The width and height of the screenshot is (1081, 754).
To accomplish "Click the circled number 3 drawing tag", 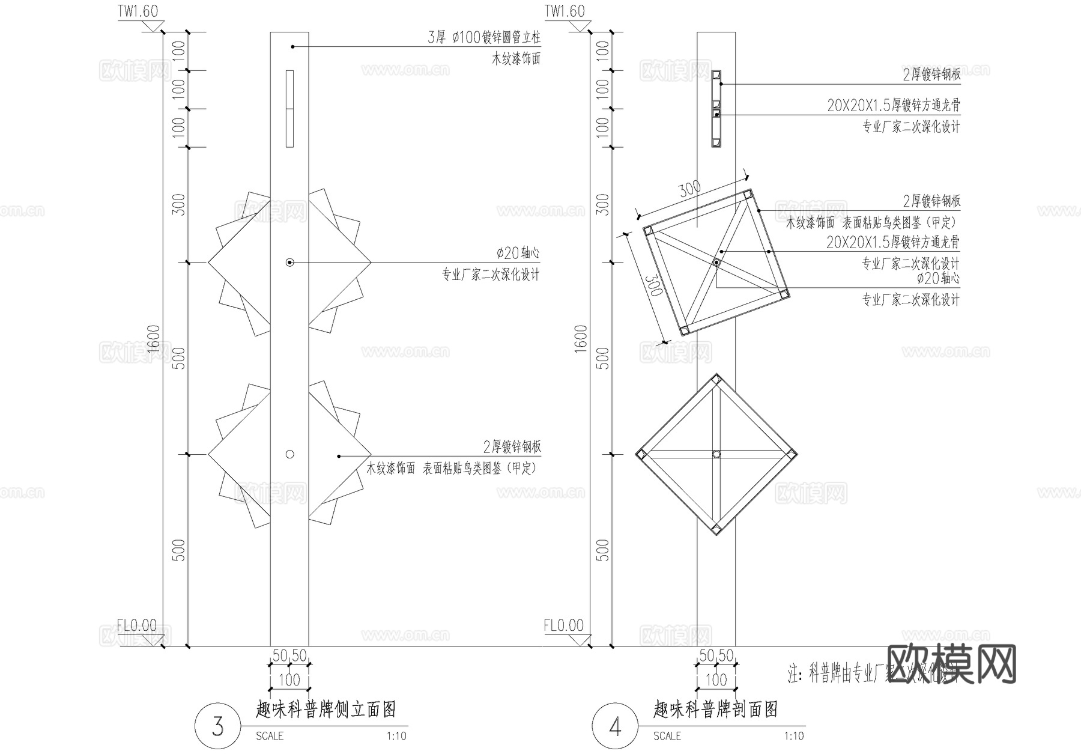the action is pyautogui.click(x=217, y=726).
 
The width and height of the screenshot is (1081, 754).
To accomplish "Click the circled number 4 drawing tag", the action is pyautogui.click(x=615, y=726).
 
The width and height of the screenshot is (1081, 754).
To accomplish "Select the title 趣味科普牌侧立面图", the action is pyautogui.click(x=326, y=710).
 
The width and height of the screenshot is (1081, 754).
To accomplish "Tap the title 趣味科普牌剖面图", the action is pyautogui.click(x=715, y=710).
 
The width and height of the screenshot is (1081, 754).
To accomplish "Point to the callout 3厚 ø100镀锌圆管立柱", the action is pyautogui.click(x=483, y=37).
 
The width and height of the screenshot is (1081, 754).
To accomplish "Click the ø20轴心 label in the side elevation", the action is pyautogui.click(x=518, y=253).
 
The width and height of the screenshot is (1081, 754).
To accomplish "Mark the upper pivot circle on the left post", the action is pyautogui.click(x=289, y=263).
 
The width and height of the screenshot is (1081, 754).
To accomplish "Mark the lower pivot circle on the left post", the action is pyautogui.click(x=289, y=454).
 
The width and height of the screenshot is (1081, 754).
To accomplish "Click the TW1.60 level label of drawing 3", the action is pyautogui.click(x=138, y=11).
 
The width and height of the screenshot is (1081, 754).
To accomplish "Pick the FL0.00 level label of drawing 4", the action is pyautogui.click(x=563, y=625).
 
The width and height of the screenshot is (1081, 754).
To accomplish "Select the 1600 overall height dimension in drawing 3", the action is pyautogui.click(x=153, y=339).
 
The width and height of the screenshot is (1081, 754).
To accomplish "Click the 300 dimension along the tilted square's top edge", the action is pyautogui.click(x=689, y=189).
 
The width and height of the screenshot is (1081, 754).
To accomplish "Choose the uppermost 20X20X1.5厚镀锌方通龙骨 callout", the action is pyautogui.click(x=893, y=106).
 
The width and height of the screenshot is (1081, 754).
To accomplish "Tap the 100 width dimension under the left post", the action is pyautogui.click(x=289, y=680).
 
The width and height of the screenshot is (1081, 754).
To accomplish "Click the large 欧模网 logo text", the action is pyautogui.click(x=951, y=664).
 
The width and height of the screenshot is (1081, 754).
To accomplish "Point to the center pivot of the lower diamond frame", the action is pyautogui.click(x=716, y=454).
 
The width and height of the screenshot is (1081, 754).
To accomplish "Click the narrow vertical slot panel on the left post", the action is pyautogui.click(x=289, y=108).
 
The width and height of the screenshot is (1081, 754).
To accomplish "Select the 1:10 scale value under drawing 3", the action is pyautogui.click(x=396, y=736).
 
